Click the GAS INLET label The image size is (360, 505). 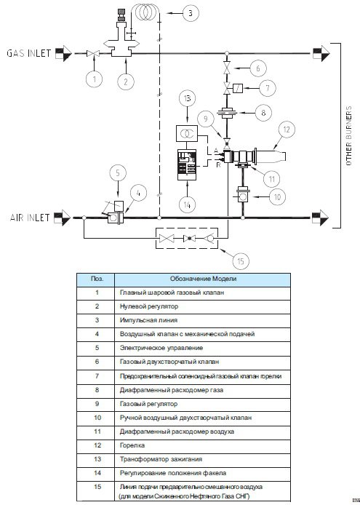click(x=28, y=53)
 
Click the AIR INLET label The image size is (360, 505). click(x=30, y=218)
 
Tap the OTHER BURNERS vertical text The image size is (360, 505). click(x=349, y=135)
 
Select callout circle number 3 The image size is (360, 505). click(x=191, y=13)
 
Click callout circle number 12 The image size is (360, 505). click(x=286, y=129)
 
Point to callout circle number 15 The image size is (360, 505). click(x=241, y=261)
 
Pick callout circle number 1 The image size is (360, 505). click(x=95, y=79)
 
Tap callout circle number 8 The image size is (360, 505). click(x=263, y=113)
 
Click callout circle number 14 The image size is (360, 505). click(x=188, y=204)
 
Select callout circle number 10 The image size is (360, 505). click(x=277, y=196)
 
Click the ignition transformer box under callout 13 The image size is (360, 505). click(x=187, y=133)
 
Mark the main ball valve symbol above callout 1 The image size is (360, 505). click(x=94, y=53)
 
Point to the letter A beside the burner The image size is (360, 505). click(x=216, y=151)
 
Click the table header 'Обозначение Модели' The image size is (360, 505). click(x=203, y=279)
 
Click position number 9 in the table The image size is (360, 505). click(x=97, y=404)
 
